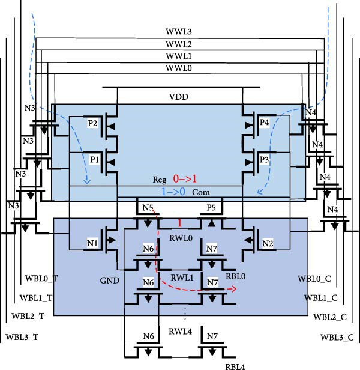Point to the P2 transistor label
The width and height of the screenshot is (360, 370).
(x=92, y=123)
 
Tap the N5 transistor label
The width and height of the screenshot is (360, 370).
(x=148, y=208)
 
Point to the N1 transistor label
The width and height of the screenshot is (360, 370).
(x=91, y=243)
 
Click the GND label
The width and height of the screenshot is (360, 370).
(x=111, y=281)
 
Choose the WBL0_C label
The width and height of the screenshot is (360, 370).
(x=313, y=279)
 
